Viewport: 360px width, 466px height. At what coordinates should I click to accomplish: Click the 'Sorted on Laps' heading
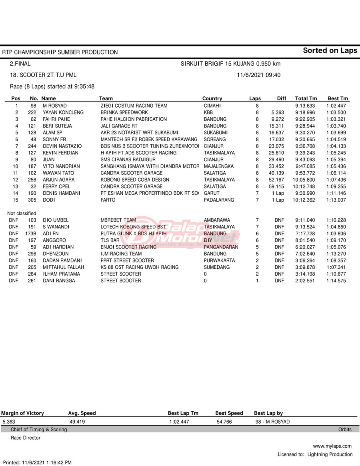[330, 50]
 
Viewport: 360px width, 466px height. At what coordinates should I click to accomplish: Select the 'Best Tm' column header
[338, 98]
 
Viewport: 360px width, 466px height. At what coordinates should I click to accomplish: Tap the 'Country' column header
[212, 98]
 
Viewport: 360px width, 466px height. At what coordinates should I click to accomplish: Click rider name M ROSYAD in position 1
[54, 106]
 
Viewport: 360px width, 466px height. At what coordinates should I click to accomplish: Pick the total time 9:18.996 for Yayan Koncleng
[305, 112]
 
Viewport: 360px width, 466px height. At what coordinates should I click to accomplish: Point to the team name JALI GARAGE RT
[119, 126]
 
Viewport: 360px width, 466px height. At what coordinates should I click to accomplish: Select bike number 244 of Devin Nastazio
[32, 146]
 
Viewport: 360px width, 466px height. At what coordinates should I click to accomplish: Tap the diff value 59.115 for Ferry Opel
[276, 186]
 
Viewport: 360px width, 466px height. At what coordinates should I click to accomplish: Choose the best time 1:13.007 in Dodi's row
[336, 200]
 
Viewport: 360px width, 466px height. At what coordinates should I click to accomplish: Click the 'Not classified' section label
[22, 214]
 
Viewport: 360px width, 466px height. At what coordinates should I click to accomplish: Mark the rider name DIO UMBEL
[56, 220]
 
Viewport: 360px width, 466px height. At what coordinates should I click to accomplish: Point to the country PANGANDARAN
[221, 247]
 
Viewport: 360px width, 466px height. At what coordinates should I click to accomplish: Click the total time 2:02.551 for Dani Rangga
[306, 281]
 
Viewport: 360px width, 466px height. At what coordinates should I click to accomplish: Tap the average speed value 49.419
[77, 422]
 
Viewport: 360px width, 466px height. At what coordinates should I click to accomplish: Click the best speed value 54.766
[224, 422]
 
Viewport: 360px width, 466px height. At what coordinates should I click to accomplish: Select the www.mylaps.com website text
[332, 446]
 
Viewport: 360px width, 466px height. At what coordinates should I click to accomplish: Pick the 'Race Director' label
[26, 438]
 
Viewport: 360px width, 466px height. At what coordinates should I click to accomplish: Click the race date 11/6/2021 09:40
[258, 75]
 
